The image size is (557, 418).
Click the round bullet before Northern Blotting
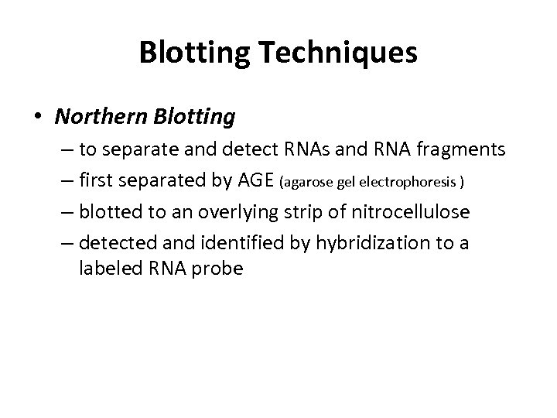tap(38, 118)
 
